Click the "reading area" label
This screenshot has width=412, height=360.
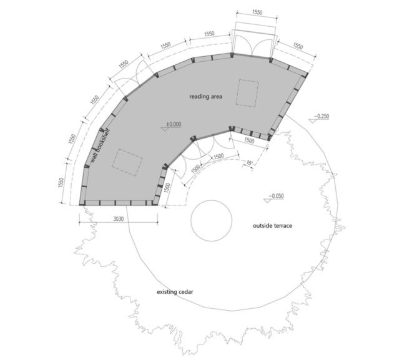206,97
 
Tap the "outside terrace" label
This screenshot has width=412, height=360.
272,226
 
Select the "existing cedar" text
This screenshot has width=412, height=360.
175,292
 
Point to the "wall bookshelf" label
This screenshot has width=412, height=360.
100,146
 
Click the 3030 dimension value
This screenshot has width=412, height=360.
118,219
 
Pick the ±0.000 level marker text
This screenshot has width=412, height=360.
174,124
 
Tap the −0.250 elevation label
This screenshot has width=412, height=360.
321,116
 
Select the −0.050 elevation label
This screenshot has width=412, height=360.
276,196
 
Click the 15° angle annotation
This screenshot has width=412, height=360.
249,163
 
